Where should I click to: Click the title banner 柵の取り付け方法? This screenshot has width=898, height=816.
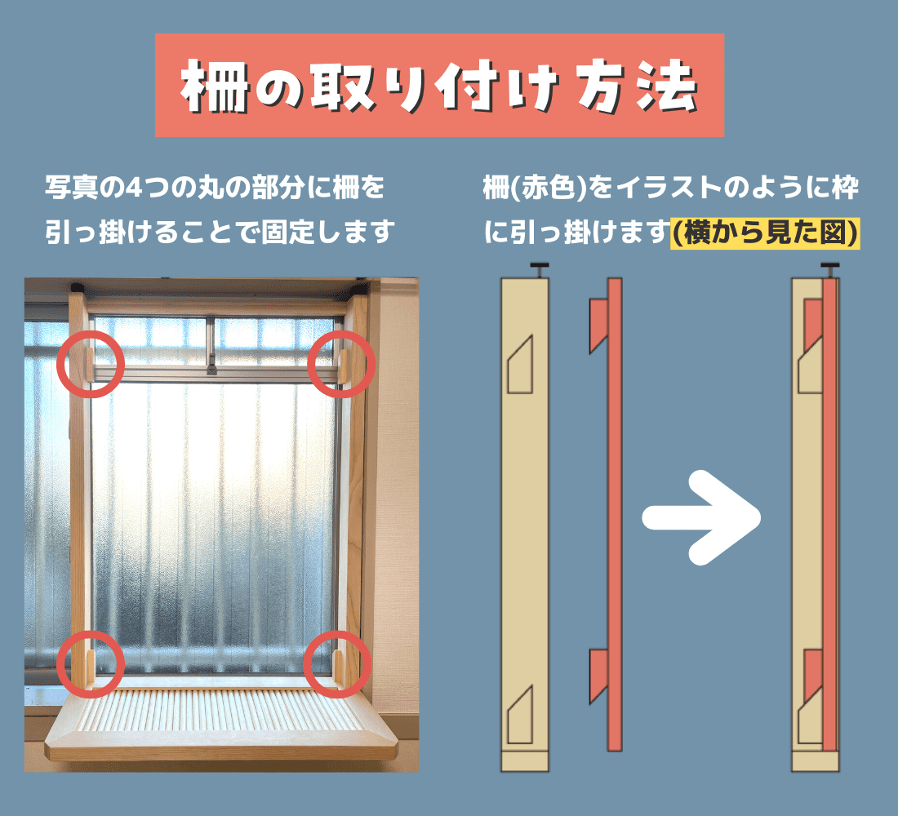(x=439, y=85)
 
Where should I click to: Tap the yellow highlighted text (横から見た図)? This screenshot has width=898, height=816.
(x=764, y=233)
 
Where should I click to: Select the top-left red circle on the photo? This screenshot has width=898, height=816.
(x=91, y=364)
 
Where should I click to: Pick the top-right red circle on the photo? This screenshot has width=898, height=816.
(x=340, y=364)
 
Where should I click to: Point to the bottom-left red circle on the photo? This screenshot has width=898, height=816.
(x=91, y=663)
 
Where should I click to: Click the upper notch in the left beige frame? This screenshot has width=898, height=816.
(x=520, y=365)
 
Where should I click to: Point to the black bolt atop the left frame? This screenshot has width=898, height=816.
(x=540, y=268)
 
